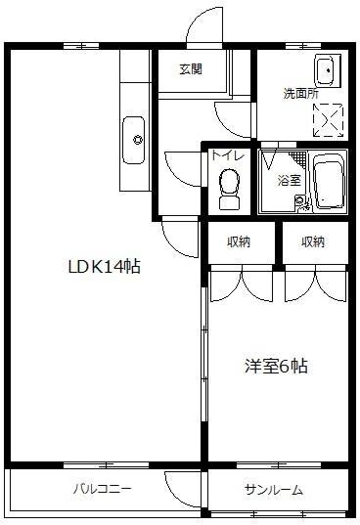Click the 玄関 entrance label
point(191,69)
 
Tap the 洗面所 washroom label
point(300,94)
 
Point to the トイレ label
point(222,153)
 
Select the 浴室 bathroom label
point(290,181)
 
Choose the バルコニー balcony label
point(101,490)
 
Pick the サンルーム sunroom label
point(274,490)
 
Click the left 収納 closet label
point(239,242)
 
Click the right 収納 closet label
point(313,242)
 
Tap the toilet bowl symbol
point(229,186)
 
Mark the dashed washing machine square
point(327,116)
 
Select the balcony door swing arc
point(181,485)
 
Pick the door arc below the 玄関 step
point(231,117)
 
